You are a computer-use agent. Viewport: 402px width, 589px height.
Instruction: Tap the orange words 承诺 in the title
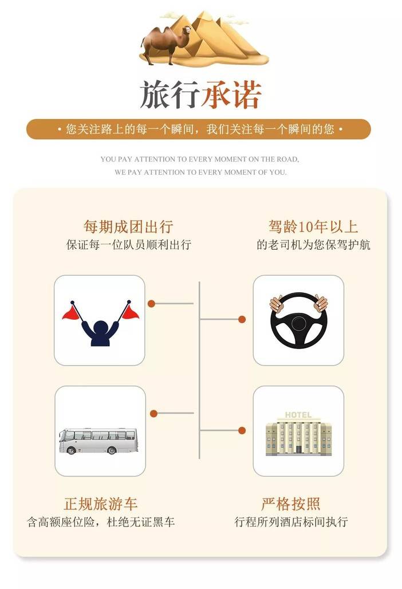[231, 95]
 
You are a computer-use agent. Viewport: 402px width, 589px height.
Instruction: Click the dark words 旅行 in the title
[170, 95]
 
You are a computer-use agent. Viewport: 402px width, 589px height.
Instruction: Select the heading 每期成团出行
[128, 227]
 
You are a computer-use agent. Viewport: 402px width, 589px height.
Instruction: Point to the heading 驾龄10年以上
[313, 227]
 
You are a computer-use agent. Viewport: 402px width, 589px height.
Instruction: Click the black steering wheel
[298, 320]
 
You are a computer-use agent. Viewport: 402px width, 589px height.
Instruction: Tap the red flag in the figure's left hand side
[72, 312]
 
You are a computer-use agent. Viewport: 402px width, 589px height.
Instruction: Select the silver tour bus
[98, 441]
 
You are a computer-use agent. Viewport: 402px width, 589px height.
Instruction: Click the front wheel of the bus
[72, 450]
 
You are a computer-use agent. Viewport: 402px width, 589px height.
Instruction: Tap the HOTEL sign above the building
[298, 415]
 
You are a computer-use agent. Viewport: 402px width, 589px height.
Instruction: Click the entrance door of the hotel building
[298, 449]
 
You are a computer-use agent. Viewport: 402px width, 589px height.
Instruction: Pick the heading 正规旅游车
[101, 504]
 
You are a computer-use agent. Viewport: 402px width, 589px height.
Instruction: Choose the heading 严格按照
[291, 504]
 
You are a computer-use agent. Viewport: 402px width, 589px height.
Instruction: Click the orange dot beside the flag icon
[151, 304]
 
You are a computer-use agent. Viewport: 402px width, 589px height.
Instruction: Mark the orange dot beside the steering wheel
[242, 319]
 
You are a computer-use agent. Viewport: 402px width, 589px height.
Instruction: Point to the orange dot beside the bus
[153, 414]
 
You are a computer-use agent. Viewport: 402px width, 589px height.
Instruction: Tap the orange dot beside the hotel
[242, 430]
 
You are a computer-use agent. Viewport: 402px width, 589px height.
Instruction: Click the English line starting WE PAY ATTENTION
[200, 172]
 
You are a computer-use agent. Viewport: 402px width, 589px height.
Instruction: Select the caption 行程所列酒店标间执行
[291, 522]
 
